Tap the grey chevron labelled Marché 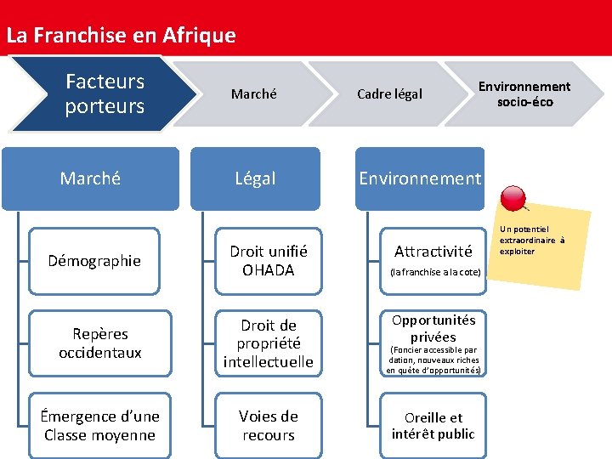[253, 93]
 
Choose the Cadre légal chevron [388, 93]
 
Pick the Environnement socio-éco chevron [524, 93]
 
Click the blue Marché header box [90, 178]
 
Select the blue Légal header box [255, 178]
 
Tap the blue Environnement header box [419, 178]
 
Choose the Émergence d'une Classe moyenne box [100, 425]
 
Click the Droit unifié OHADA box [269, 260]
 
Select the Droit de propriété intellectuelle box [269, 343]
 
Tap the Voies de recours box [269, 425]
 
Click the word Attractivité [433, 251]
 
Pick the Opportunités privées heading [433, 328]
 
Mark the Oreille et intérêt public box [433, 425]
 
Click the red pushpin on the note [514, 198]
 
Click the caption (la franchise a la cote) [435, 272]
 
